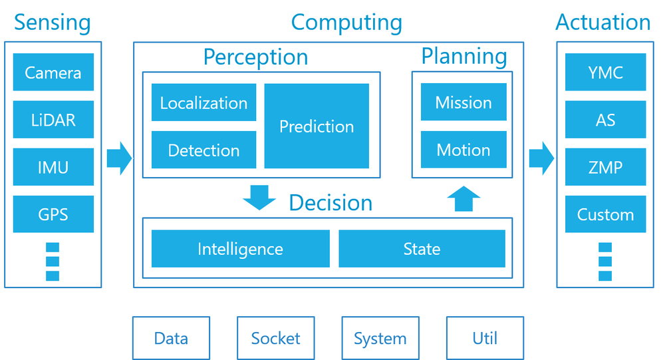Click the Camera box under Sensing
pyautogui.click(x=53, y=72)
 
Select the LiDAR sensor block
pyautogui.click(x=53, y=119)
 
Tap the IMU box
pyautogui.click(x=53, y=167)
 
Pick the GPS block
pyautogui.click(x=53, y=214)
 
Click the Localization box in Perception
pyautogui.click(x=204, y=102)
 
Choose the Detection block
pyautogui.click(x=204, y=150)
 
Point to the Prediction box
pyautogui.click(x=317, y=126)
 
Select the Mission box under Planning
pyautogui.click(x=464, y=102)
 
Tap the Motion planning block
pyautogui.click(x=464, y=150)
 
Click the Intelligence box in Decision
pyautogui.click(x=241, y=249)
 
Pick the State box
pyautogui.click(x=422, y=249)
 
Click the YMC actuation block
pyautogui.click(x=606, y=72)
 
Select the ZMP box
pyautogui.click(x=606, y=167)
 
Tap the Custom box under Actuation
pyautogui.click(x=606, y=214)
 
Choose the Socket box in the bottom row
pyautogui.click(x=276, y=338)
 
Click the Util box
pyautogui.click(x=485, y=338)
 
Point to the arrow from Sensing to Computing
pyautogui.click(x=120, y=158)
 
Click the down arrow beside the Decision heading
pyautogui.click(x=259, y=198)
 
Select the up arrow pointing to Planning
pyautogui.click(x=464, y=199)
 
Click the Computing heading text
pyautogui.click(x=346, y=23)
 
